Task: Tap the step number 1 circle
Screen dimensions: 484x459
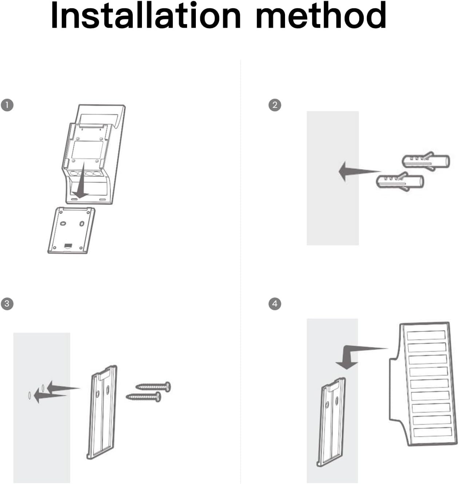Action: pos(7,105)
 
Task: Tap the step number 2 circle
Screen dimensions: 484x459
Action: pos(275,105)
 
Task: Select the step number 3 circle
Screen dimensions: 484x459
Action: pos(7,303)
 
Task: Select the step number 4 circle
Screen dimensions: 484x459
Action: pos(275,303)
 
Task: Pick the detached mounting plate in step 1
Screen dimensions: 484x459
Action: pos(71,230)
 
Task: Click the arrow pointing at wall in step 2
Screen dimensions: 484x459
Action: pos(355,171)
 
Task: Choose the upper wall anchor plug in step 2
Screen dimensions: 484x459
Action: pos(426,161)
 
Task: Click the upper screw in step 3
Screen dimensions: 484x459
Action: pos(153,386)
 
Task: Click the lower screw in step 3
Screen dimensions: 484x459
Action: pos(144,397)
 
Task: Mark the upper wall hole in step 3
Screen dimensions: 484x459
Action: pos(43,387)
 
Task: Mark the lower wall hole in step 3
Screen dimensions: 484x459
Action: pos(29,395)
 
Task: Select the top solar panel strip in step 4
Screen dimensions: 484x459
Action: pos(426,335)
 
